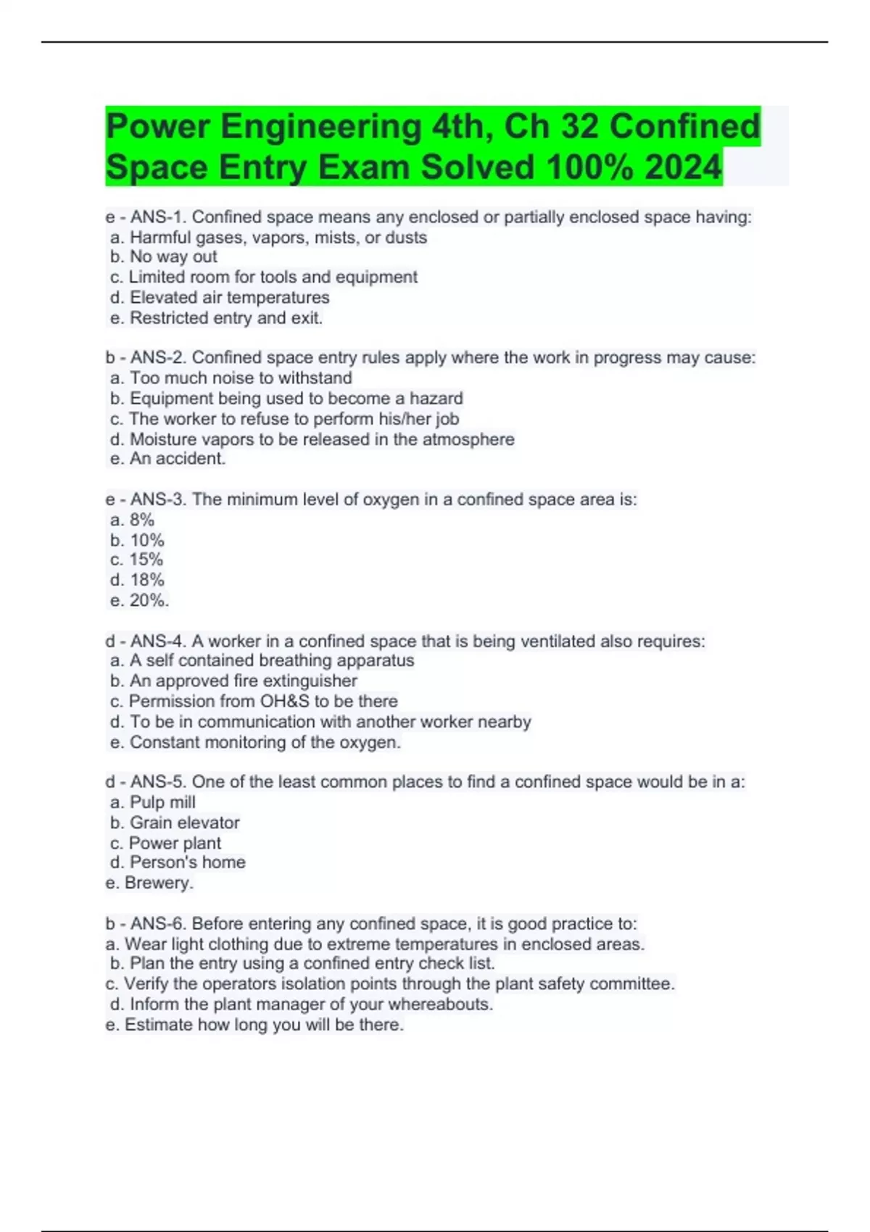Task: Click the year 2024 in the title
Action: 683,167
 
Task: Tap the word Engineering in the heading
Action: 321,127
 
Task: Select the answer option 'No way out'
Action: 164,257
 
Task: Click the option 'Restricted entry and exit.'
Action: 216,318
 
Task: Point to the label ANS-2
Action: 159,358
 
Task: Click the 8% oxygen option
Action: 133,520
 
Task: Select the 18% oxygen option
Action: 138,580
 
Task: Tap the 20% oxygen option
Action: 140,600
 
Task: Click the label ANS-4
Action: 159,641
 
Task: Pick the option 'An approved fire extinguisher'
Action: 233,681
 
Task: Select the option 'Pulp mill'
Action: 153,802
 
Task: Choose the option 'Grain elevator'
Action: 175,823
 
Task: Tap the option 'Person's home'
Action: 178,862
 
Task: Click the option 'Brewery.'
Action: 149,883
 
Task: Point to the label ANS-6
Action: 159,924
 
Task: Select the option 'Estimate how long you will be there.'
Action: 254,1025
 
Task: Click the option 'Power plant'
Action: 166,844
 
